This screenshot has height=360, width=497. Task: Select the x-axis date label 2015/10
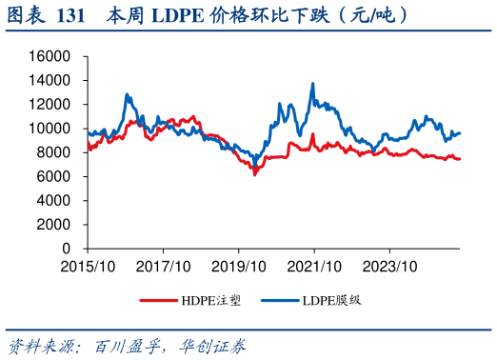(87, 266)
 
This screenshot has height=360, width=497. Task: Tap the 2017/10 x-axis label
(163, 266)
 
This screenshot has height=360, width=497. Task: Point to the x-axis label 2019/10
(239, 266)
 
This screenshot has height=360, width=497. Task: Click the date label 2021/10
(315, 266)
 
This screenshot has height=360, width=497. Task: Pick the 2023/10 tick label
(391, 266)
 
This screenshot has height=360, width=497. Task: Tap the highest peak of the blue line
(313, 84)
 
